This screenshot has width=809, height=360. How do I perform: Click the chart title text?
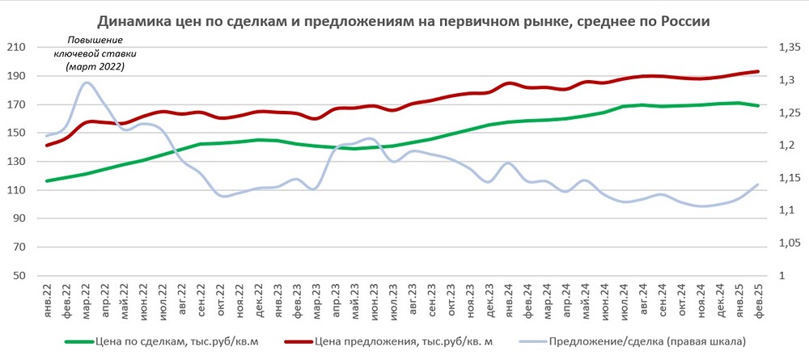point(404,22)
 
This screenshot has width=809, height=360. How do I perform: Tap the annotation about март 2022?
point(95,53)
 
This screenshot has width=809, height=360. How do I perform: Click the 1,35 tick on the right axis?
point(788,48)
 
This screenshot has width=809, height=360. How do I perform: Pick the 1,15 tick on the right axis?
point(788,178)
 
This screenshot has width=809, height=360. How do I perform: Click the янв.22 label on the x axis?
point(48,301)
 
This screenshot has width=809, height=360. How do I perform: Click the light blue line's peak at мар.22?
point(87,83)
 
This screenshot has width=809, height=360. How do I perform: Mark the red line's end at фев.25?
point(758,71)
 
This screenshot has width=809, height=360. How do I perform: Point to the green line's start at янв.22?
point(47,180)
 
